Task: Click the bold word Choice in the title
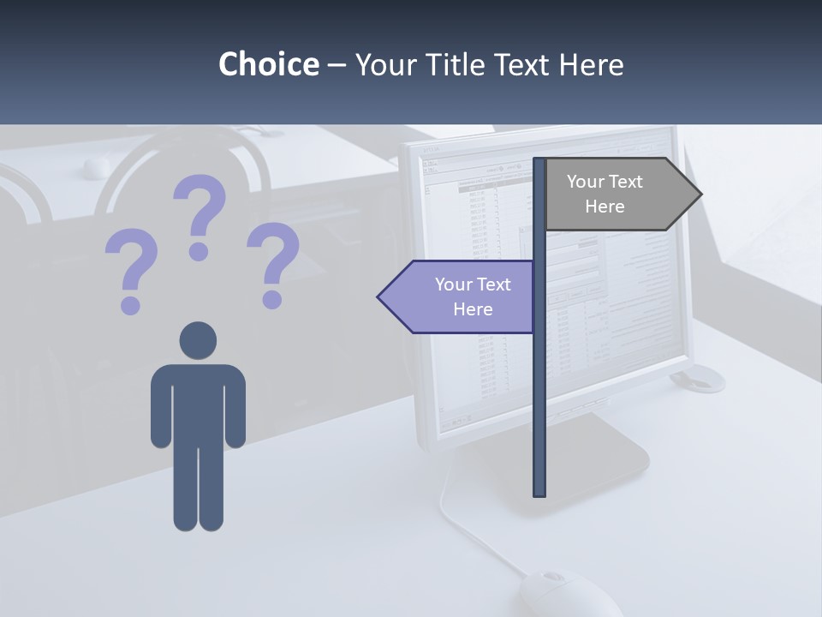[x=268, y=64]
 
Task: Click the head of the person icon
[x=198, y=340]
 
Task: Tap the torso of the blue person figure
[x=198, y=403]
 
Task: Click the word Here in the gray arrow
[x=605, y=207]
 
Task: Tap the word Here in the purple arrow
[x=473, y=309]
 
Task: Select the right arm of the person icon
[x=235, y=407]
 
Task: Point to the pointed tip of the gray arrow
[x=700, y=195]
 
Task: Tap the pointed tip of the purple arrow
[x=380, y=297]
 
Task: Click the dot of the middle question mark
[x=200, y=251]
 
